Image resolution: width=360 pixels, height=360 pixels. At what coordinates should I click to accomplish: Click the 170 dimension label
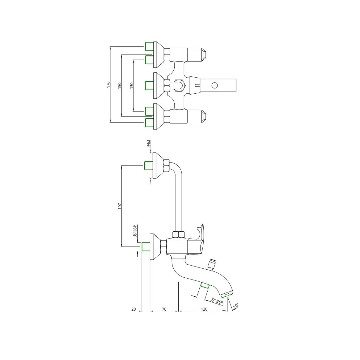point(108,84)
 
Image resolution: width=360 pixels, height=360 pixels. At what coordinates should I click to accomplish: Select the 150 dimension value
point(119,86)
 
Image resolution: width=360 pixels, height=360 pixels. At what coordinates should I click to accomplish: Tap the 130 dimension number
point(132,86)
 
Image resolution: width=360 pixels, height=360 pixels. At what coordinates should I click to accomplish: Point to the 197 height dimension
point(120,206)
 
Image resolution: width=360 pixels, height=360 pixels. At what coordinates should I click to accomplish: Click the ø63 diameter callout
point(148,143)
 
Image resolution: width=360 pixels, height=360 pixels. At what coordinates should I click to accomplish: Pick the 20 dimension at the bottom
point(134,309)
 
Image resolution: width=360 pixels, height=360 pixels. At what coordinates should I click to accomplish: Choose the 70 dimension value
point(164,309)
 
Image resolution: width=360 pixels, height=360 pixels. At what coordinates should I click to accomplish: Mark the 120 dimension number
point(204,309)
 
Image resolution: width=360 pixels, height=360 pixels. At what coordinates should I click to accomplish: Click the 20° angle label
point(236,306)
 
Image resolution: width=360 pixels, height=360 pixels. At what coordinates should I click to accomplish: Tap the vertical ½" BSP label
point(135,231)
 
